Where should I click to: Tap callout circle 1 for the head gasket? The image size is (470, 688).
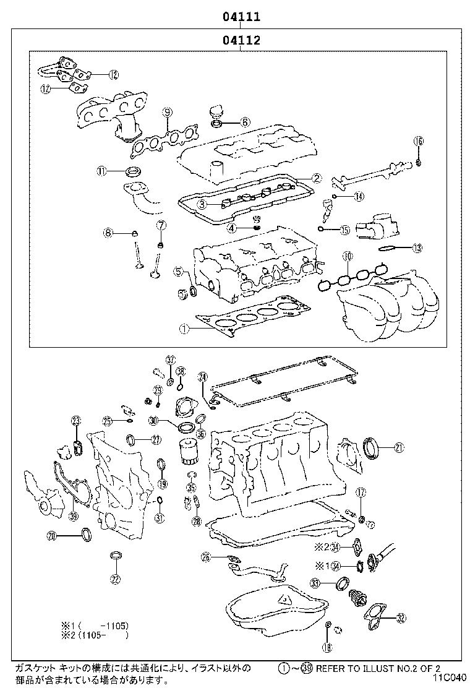184,329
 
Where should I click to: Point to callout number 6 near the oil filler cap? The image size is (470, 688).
245,122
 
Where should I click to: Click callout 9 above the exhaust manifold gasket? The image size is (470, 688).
167,112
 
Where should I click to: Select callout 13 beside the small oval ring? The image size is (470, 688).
417,248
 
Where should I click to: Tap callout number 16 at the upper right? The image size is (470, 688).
419,142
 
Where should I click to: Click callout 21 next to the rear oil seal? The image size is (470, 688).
399,447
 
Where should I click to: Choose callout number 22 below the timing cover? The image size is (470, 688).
115,579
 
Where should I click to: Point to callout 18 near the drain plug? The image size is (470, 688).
327,647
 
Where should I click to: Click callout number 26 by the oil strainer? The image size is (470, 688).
206,557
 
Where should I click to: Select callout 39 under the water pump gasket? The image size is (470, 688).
73,517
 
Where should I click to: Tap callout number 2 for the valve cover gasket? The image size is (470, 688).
316,178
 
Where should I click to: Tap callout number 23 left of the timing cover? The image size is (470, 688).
76,421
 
